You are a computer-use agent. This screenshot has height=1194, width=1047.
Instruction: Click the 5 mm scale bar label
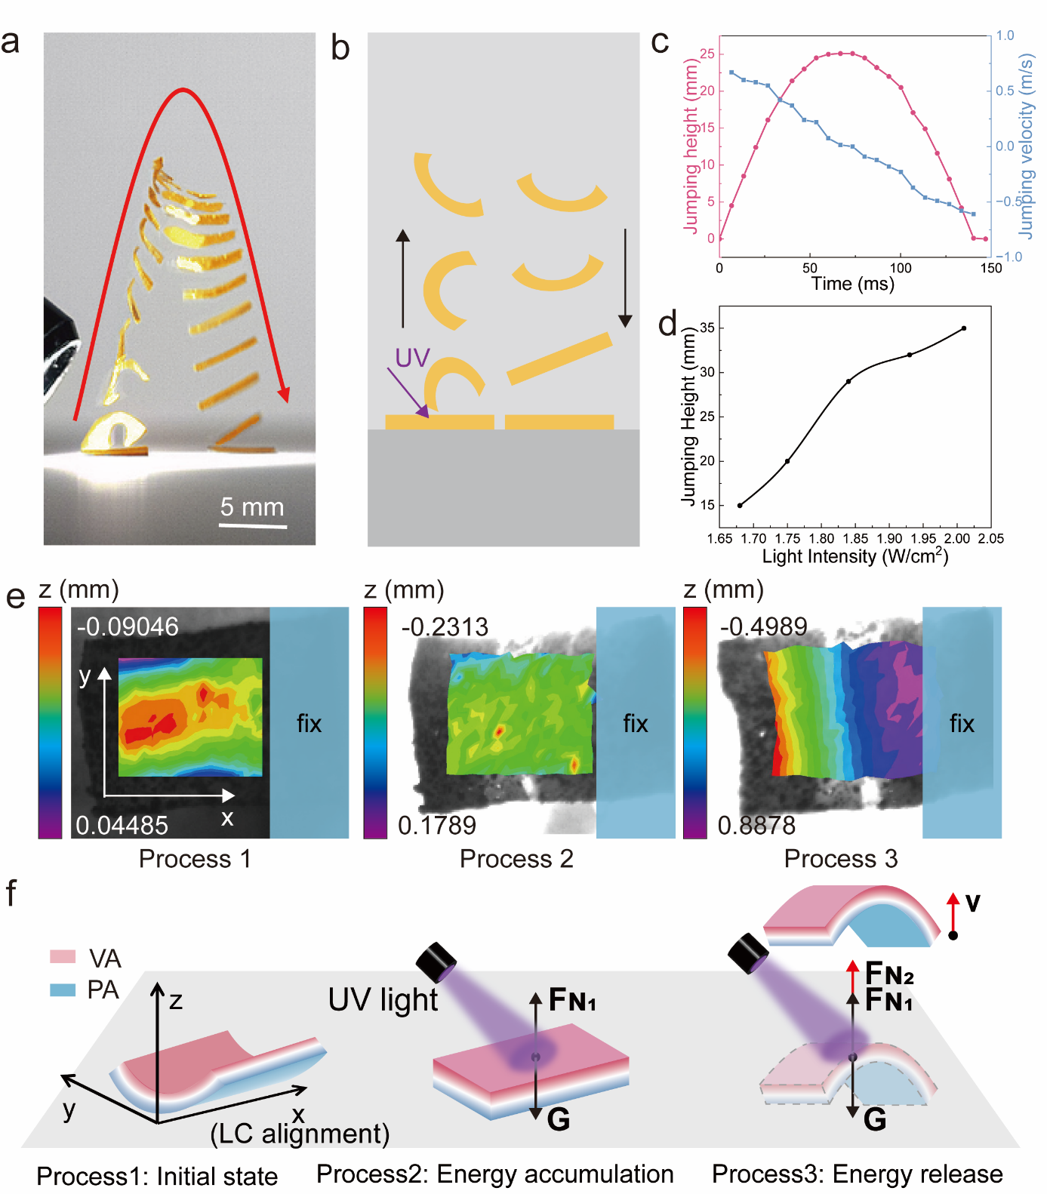coord(252,506)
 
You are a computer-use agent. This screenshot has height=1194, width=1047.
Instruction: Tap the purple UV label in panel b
coord(412,358)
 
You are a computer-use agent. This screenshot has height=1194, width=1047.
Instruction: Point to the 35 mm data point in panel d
coord(964,328)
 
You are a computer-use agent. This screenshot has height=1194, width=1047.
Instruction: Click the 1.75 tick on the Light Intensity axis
coord(787,538)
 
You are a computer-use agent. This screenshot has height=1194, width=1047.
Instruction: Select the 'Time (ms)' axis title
coord(852,284)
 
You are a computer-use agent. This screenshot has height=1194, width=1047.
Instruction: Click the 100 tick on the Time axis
coord(901,268)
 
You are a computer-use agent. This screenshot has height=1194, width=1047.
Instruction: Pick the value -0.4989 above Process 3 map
coord(763,626)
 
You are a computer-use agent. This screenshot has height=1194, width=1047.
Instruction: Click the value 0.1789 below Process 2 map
coord(437,825)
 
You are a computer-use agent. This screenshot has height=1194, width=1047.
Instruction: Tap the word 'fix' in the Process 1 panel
coord(309,724)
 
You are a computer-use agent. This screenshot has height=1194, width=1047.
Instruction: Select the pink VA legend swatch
coord(63,957)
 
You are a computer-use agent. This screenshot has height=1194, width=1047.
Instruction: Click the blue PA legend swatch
coord(63,989)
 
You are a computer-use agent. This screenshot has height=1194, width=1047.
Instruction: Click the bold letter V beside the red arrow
coord(973,903)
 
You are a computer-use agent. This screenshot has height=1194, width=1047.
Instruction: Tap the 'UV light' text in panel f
coord(383,1000)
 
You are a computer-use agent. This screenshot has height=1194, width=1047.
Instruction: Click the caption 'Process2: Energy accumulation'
coord(494,1174)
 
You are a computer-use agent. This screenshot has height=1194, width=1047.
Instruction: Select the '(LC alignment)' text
coord(300,1134)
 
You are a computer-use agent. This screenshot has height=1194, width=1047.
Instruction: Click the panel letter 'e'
coord(15,596)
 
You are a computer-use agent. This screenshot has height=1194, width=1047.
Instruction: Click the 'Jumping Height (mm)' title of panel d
coord(688,416)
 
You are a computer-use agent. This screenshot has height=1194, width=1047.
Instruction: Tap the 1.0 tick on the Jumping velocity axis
coord(1005,35)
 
